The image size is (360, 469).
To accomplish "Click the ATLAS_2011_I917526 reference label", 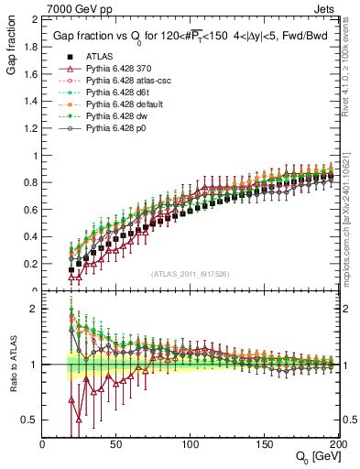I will click(190, 273).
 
